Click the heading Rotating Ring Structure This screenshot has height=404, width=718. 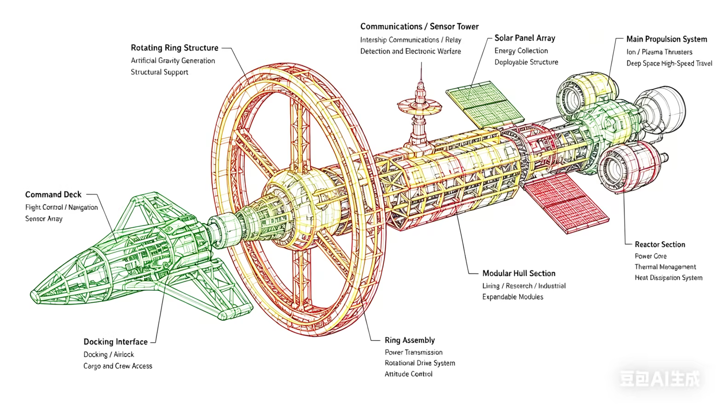pos(174,48)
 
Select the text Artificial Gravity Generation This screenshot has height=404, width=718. pos(173,61)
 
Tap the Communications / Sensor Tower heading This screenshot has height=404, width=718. pos(419,26)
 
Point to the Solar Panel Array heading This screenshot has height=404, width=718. pos(525,38)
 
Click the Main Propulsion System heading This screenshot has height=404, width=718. pos(667,39)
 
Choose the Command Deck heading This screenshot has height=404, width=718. pos(53,195)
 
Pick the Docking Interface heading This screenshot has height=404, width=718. pos(116,342)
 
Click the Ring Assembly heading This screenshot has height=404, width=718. pos(410,340)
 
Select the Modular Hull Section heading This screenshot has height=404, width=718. pos(519,273)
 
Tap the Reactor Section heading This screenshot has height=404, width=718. pos(660,244)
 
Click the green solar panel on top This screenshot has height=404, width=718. pos(485,104)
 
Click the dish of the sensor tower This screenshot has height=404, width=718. pos(419,105)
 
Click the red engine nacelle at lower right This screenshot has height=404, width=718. pos(629,167)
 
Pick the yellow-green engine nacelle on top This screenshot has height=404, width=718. pos(586,93)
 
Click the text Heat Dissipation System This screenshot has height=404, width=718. pos(668,278)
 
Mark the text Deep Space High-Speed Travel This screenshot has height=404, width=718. pos(669,63)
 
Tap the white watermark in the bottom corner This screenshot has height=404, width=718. pos(660,379)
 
